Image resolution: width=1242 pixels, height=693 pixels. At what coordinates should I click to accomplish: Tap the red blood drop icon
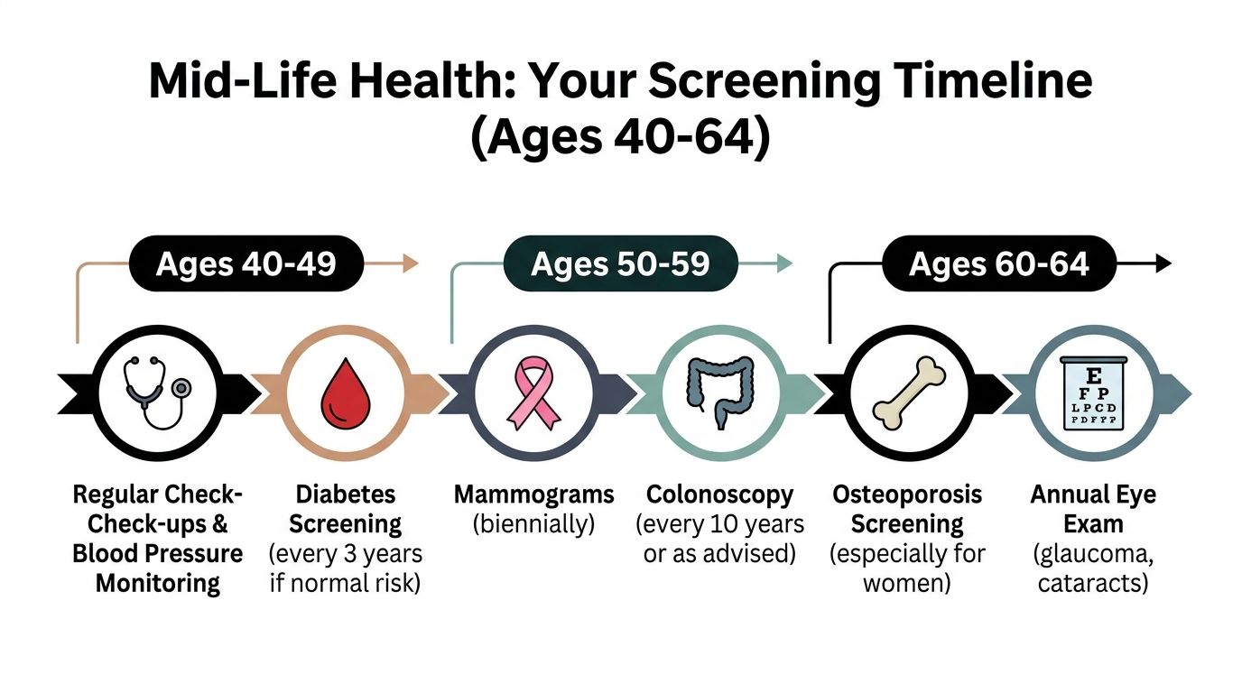point(344,394)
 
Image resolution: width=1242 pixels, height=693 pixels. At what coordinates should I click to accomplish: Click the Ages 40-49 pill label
point(246,263)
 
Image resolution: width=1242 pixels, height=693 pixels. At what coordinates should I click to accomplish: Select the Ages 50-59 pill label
point(621,263)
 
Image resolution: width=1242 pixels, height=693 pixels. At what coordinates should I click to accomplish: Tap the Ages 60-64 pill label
point(999,263)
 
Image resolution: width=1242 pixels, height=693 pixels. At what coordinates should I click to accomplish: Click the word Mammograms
point(533,494)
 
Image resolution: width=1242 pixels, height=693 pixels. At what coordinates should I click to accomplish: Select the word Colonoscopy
point(719,494)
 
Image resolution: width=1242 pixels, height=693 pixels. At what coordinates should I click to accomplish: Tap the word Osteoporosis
point(907,494)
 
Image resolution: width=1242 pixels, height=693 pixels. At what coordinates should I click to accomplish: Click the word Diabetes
point(346,494)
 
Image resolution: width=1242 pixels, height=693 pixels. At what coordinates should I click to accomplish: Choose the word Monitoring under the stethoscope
point(158,583)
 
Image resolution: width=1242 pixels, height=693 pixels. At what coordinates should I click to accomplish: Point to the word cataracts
point(1093,583)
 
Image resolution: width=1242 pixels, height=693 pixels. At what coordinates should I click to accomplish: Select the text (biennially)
point(533,524)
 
